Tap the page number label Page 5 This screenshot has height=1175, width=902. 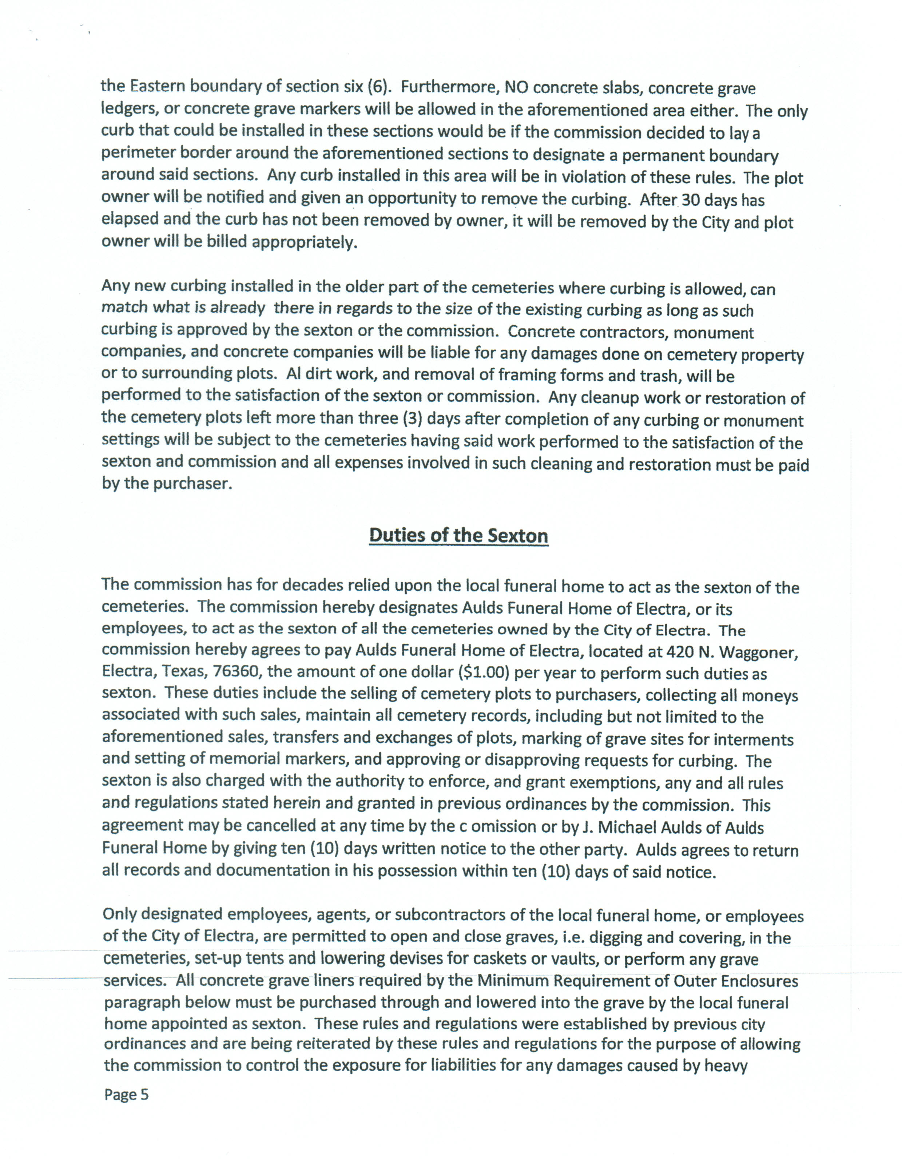tap(126, 1095)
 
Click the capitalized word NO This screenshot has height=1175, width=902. tap(516, 87)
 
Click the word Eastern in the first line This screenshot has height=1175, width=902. tap(158, 86)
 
